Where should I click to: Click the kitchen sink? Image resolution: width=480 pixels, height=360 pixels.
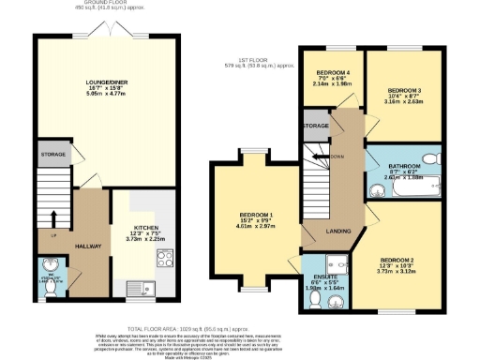(x=138, y=286)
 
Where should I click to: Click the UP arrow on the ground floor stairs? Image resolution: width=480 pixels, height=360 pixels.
(x=52, y=235)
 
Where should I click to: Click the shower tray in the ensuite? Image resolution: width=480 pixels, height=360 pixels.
(x=335, y=265)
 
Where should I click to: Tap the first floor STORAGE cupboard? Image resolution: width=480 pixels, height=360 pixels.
(x=316, y=125)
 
